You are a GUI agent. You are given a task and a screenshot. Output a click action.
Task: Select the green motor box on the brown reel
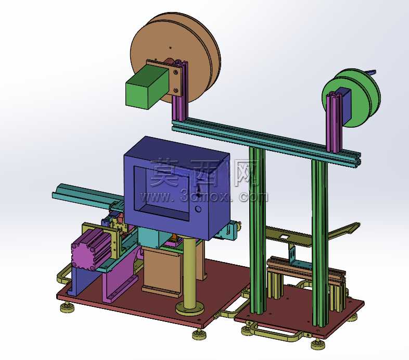pos(147,86)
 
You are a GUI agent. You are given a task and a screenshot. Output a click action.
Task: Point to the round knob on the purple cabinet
pos(198,209)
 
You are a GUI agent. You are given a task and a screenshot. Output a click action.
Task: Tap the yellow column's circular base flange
pos(189,309)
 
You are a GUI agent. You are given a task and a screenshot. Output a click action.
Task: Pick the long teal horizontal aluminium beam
pos(266,142)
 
